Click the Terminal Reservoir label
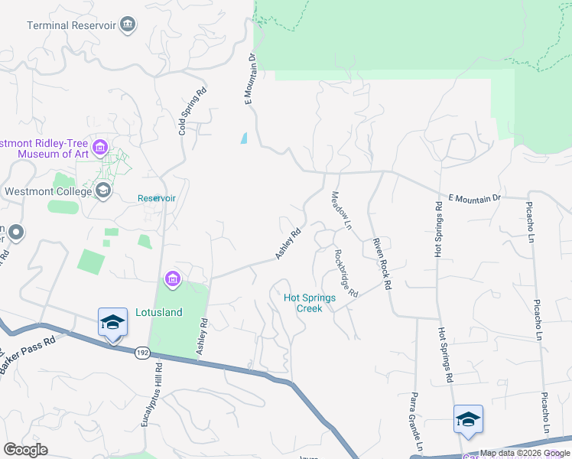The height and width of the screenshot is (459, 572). (x=71, y=25)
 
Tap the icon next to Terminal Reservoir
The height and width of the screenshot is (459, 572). (x=128, y=25)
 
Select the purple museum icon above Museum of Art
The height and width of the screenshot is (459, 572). (x=100, y=146)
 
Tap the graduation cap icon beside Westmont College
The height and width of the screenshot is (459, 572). (x=102, y=190)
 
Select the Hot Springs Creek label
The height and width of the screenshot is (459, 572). (x=309, y=303)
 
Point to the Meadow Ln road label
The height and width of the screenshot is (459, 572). (x=340, y=210)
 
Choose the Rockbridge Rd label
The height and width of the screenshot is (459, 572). (x=346, y=272)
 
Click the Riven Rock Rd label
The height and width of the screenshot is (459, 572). (x=382, y=264)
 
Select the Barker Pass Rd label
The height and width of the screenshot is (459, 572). (x=28, y=356)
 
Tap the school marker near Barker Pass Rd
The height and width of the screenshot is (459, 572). (x=112, y=324)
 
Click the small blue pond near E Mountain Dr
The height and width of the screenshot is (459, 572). (x=244, y=138)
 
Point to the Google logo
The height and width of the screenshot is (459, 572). (x=26, y=450)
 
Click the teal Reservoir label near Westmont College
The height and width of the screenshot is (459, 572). (x=156, y=198)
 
